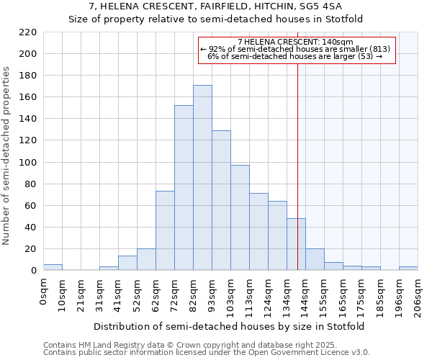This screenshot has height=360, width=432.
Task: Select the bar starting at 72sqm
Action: [x=184, y=188]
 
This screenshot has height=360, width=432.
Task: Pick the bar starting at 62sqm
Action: [x=165, y=230]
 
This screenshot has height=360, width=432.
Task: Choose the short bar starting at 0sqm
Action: [x=53, y=267]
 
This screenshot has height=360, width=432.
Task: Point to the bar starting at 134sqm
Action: [x=296, y=244]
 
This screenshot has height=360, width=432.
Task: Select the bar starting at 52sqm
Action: [x=146, y=259]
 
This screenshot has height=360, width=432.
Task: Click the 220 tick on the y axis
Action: [x=30, y=32]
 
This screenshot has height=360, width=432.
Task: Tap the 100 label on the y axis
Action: [x=30, y=163]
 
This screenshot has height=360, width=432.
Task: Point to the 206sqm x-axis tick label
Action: [x=418, y=295]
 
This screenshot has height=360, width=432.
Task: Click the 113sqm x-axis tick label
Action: [x=249, y=295]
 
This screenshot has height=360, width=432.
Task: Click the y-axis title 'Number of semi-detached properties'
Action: [x=8, y=156]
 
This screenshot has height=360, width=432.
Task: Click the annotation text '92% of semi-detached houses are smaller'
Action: [x=297, y=49]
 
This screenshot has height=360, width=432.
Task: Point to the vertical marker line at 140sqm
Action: [x=297, y=180]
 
